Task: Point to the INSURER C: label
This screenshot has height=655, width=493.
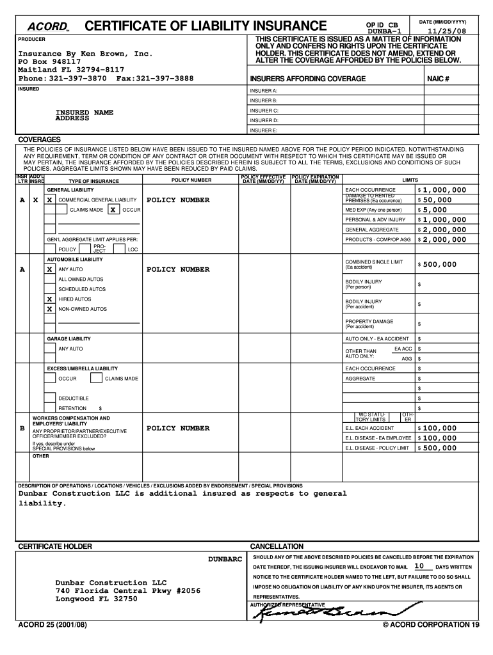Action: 264,111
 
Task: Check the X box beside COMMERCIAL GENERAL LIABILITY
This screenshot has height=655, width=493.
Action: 49,200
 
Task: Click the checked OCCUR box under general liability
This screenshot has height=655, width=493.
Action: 113,210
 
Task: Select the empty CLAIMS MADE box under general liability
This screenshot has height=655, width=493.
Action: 62,210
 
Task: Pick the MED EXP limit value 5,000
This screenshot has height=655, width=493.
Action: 434,210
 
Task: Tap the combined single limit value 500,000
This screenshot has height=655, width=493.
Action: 439,264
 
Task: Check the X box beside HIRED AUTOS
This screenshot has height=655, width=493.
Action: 49,299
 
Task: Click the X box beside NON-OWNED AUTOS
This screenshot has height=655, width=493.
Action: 49,309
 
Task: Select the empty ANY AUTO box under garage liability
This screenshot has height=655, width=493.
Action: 49,349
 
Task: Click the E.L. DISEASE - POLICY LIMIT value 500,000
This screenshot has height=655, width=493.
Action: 439,448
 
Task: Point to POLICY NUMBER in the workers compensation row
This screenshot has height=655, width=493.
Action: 178,428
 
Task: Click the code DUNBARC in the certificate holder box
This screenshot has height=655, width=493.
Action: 225,559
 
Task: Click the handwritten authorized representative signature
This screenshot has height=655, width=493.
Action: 333,612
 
